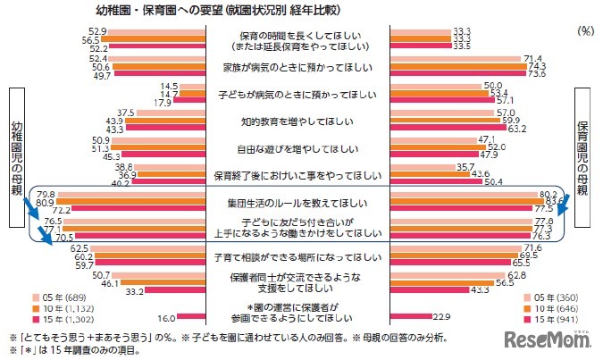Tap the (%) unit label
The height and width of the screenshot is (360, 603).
pyautogui.click(x=585, y=29)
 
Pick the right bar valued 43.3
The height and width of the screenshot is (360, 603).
pyautogui.click(x=419, y=291)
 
